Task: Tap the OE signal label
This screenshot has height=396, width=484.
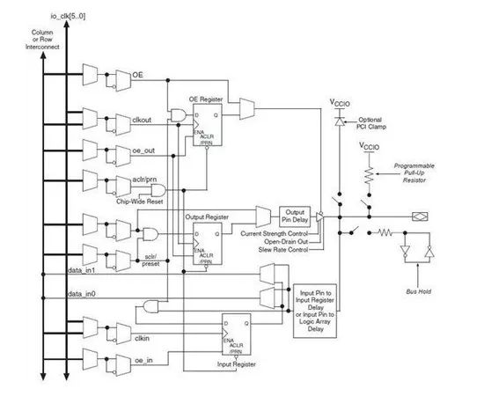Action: click(x=137, y=76)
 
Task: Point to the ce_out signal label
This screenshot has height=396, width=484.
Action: click(x=143, y=150)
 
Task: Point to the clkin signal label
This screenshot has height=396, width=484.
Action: click(x=141, y=336)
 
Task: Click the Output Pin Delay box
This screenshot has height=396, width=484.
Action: click(x=295, y=216)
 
